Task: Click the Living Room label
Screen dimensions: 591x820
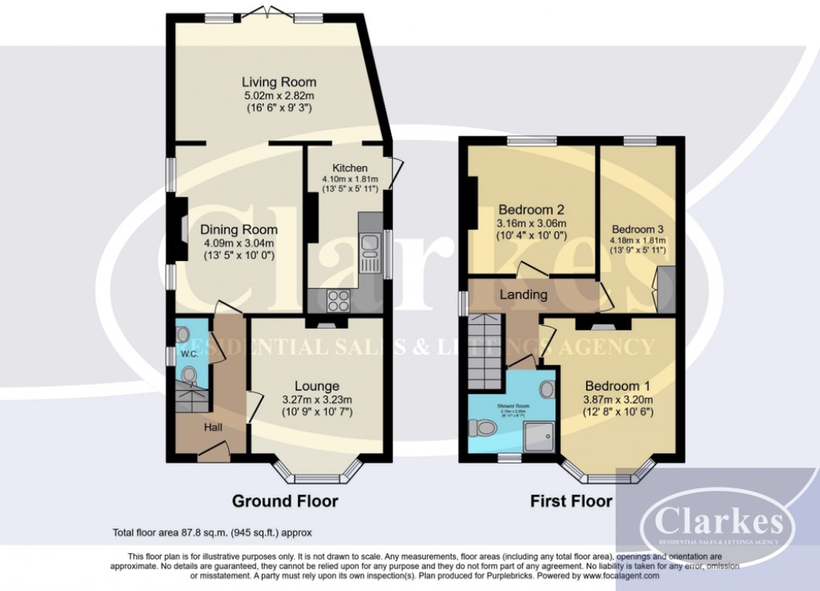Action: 279,82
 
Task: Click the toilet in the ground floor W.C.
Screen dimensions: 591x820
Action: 189,375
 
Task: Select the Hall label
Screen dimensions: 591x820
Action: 213,428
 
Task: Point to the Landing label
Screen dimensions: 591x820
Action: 524,294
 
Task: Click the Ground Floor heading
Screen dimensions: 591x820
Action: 284,501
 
